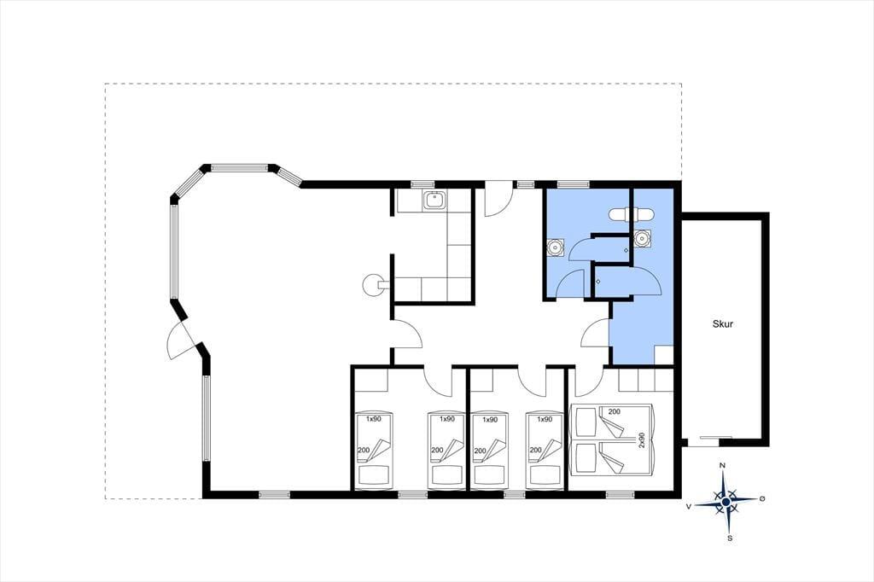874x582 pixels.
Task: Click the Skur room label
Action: pyautogui.click(x=722, y=323)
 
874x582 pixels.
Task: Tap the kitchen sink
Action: pyautogui.click(x=434, y=201)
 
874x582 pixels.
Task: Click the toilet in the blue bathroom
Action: pyautogui.click(x=631, y=214)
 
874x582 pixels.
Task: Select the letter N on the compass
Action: pyautogui.click(x=722, y=465)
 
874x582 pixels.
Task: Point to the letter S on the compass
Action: pyautogui.click(x=730, y=538)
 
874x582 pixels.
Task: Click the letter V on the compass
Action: pyautogui.click(x=689, y=506)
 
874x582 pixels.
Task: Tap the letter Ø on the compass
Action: pyautogui.click(x=762, y=498)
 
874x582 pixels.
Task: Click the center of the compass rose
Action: pyautogui.click(x=725, y=503)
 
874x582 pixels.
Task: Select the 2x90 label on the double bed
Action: pyautogui.click(x=642, y=439)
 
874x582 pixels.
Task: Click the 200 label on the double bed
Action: pyautogui.click(x=615, y=412)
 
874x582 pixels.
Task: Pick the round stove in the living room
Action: pyautogui.click(x=372, y=285)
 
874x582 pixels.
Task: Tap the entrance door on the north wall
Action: pyautogui.click(x=498, y=200)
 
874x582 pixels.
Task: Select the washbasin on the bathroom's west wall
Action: pyautogui.click(x=556, y=247)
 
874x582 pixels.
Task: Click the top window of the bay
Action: pyautogui.click(x=240, y=166)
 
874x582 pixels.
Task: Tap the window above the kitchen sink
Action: pyautogui.click(x=422, y=184)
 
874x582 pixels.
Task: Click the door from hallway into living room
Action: pyautogui.click(x=408, y=335)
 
